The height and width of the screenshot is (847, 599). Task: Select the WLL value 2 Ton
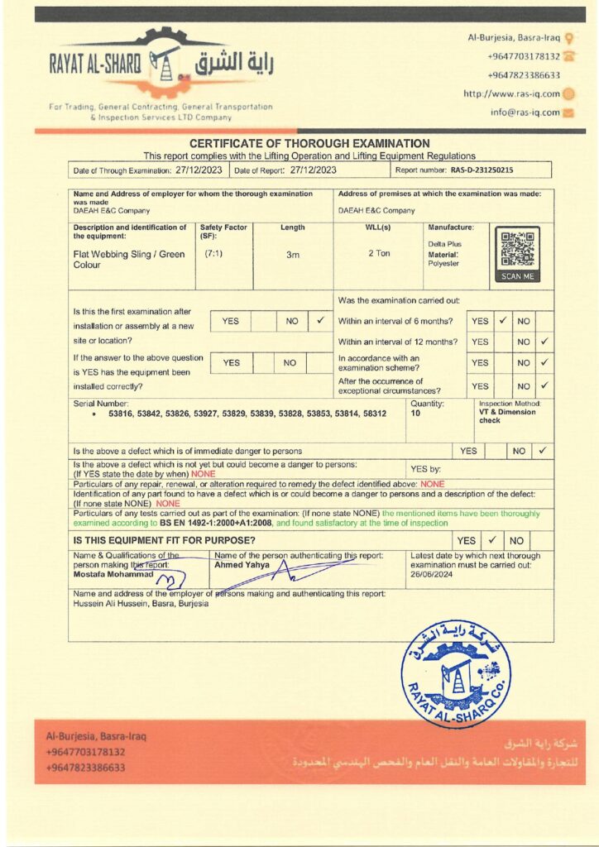(379, 254)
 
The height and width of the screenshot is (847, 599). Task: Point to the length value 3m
(292, 255)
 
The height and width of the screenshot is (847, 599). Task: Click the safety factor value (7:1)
(213, 253)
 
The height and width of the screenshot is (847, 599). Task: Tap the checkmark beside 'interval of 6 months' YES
(502, 320)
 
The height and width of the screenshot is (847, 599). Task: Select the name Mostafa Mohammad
(110, 572)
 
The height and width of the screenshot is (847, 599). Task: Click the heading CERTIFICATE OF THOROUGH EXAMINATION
(309, 144)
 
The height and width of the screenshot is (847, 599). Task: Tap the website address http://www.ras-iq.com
(511, 93)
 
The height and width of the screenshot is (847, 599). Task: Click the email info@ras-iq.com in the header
(525, 112)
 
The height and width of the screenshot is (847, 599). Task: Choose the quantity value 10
(416, 413)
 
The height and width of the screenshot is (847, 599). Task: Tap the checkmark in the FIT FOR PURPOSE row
(491, 539)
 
